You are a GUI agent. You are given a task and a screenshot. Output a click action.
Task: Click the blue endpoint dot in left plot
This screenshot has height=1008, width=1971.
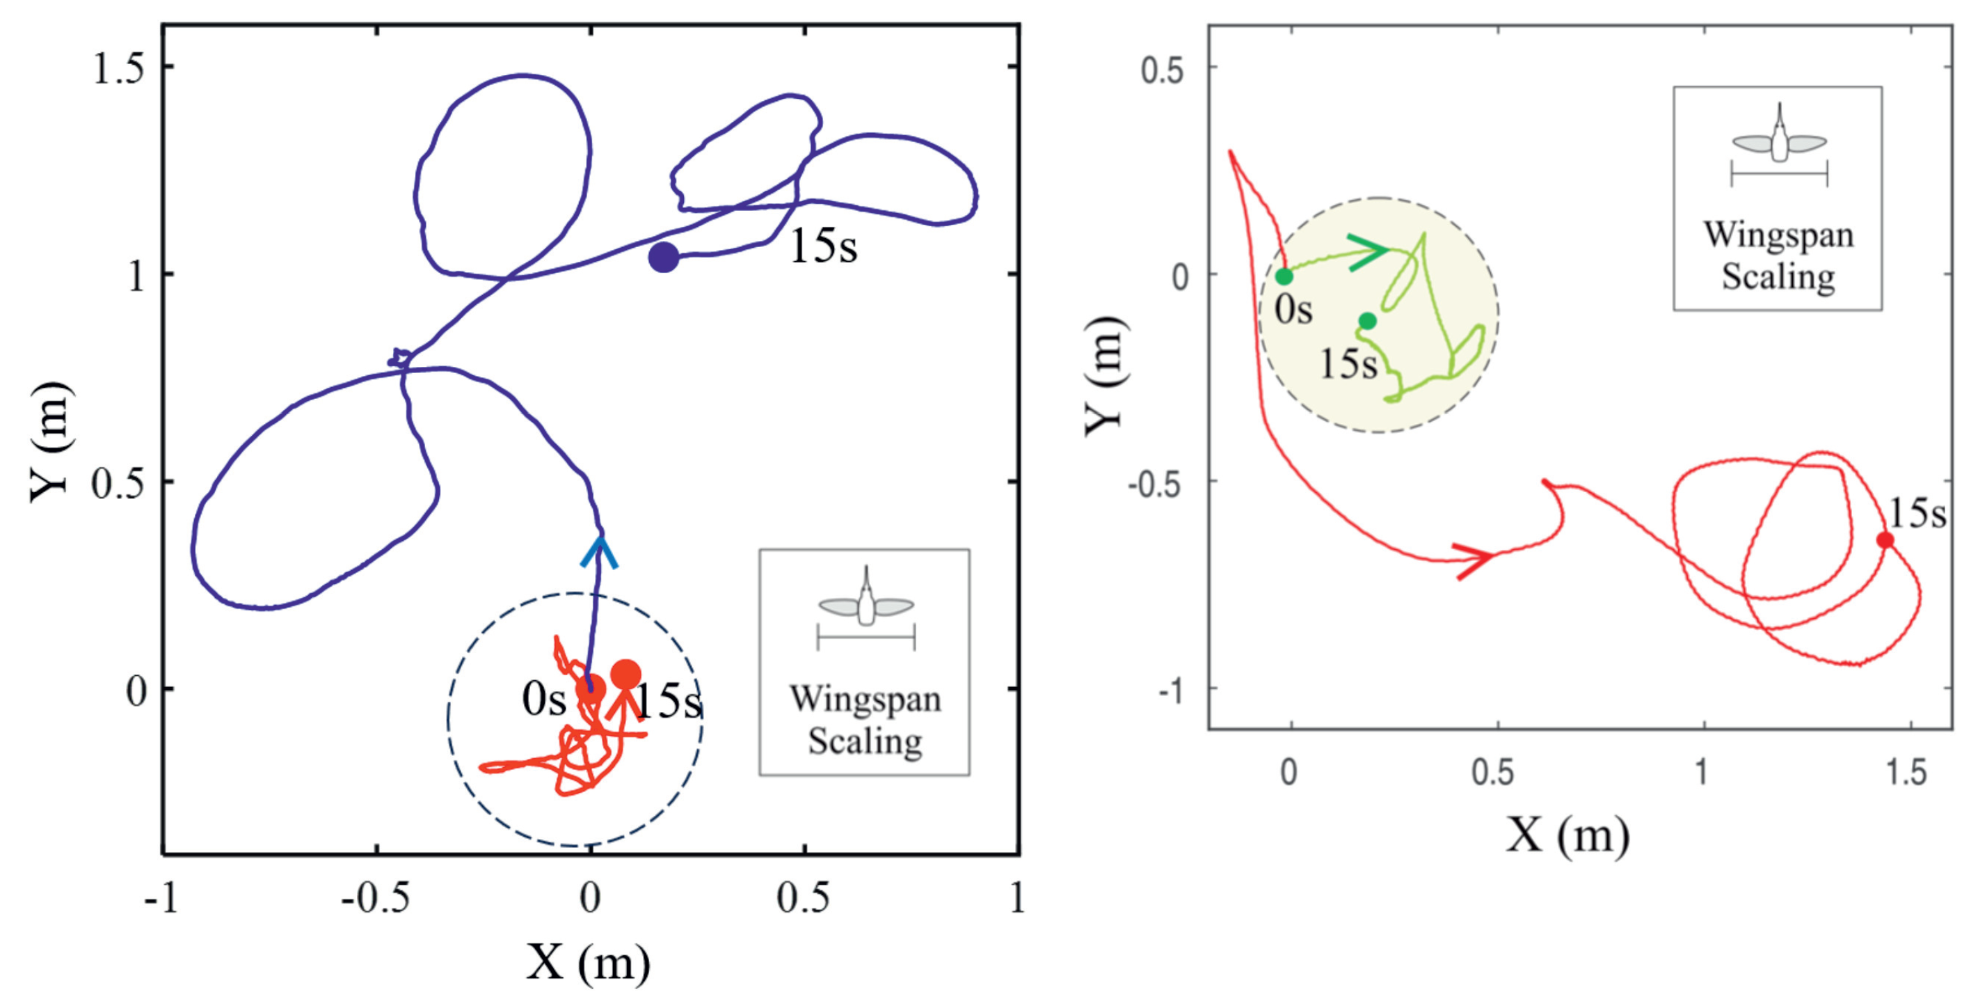663,257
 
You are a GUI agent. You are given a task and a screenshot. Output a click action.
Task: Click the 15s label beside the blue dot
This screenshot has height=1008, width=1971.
823,246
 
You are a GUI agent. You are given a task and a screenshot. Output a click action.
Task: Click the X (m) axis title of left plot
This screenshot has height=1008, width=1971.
588,961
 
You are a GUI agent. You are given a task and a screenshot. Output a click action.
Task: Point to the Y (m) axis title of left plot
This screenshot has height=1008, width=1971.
52,441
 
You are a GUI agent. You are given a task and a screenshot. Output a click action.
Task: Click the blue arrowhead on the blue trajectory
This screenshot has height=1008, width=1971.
599,552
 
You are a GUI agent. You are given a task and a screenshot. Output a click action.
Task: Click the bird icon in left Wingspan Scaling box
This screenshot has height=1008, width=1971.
866,601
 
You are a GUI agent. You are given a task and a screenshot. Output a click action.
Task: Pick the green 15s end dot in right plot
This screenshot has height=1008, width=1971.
1367,321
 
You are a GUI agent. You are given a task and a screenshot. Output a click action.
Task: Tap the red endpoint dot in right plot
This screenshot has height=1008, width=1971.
1885,540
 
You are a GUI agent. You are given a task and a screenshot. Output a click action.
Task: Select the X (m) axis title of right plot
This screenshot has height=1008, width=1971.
1567,834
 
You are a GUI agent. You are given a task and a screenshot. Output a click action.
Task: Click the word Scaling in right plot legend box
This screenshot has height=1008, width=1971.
1778,277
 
